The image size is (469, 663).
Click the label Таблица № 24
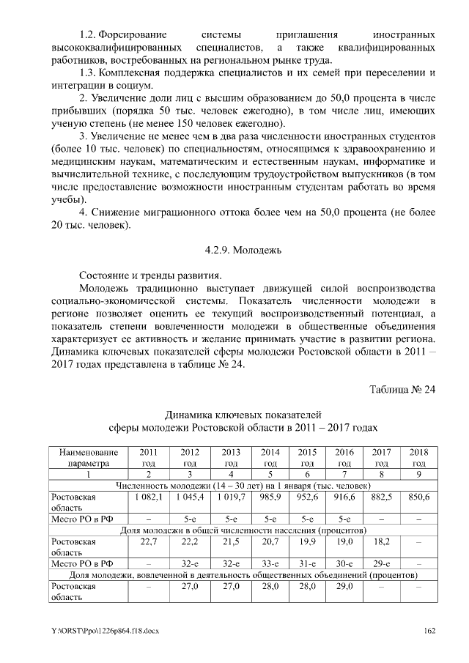point(402,388)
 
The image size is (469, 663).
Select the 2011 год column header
point(147,457)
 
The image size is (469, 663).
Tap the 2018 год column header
point(419,457)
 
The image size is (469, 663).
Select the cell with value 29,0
point(344,586)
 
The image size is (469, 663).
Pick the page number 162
point(429,631)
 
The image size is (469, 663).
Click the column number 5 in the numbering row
point(270,474)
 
